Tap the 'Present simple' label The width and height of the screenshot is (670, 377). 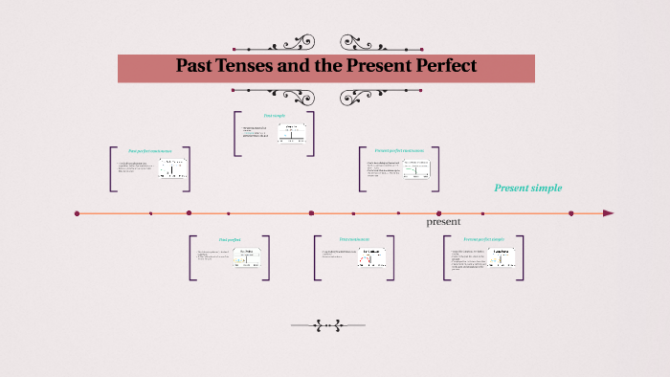(x=527, y=188)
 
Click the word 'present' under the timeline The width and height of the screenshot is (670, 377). (x=443, y=221)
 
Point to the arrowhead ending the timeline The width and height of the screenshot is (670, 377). (x=608, y=213)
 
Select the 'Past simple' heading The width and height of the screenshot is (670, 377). (x=275, y=117)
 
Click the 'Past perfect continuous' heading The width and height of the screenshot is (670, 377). (x=150, y=151)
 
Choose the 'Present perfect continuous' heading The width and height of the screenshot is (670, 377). (x=399, y=151)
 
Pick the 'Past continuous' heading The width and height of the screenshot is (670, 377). (x=353, y=239)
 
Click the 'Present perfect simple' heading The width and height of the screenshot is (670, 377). (x=484, y=239)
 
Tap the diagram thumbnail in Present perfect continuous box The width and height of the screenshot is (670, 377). (x=417, y=168)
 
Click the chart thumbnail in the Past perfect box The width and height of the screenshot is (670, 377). (x=246, y=258)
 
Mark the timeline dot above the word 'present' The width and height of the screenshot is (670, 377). (x=438, y=213)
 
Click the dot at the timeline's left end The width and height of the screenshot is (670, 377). (x=77, y=213)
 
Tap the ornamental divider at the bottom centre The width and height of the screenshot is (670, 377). (x=330, y=325)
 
